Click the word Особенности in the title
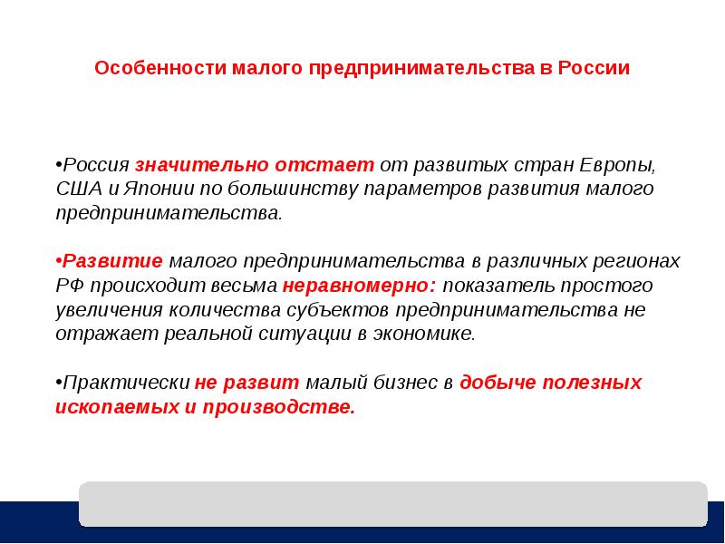pyautogui.click(x=160, y=68)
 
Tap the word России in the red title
pyautogui.click(x=594, y=67)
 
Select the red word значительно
pyautogui.click(x=202, y=165)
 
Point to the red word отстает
pyautogui.click(x=324, y=165)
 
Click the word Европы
pyautogui.click(x=618, y=166)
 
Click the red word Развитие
pyautogui.click(x=112, y=261)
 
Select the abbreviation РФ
pyautogui.click(x=70, y=286)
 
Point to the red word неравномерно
pyautogui.click(x=359, y=286)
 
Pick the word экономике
pyautogui.click(x=424, y=334)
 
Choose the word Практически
pyautogui.click(x=126, y=383)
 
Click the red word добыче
pyautogui.click(x=498, y=382)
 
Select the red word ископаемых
pyautogui.click(x=117, y=407)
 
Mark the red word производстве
pyautogui.click(x=279, y=407)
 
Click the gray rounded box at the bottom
pyautogui.click(x=393, y=504)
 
